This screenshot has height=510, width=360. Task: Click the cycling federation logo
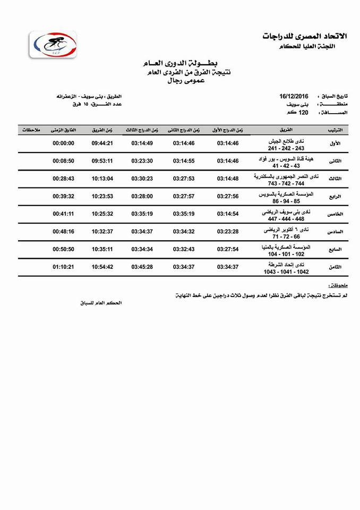(x=53, y=44)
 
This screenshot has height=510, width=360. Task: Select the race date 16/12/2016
(x=294, y=96)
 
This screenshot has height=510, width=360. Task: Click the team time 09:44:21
(x=102, y=143)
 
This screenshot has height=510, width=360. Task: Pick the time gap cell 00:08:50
(x=63, y=161)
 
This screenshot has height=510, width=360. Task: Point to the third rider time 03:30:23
(x=142, y=178)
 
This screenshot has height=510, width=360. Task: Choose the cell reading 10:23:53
(x=102, y=196)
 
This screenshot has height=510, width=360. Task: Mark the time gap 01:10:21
(x=63, y=267)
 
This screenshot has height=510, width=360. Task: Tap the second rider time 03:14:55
(x=184, y=161)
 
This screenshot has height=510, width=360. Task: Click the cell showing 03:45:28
(x=142, y=267)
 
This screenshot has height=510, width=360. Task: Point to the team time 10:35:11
(x=102, y=249)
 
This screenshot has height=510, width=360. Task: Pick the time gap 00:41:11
(x=63, y=214)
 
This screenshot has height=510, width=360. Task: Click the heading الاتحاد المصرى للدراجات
(x=304, y=36)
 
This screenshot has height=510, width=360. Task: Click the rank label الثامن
(x=335, y=267)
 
